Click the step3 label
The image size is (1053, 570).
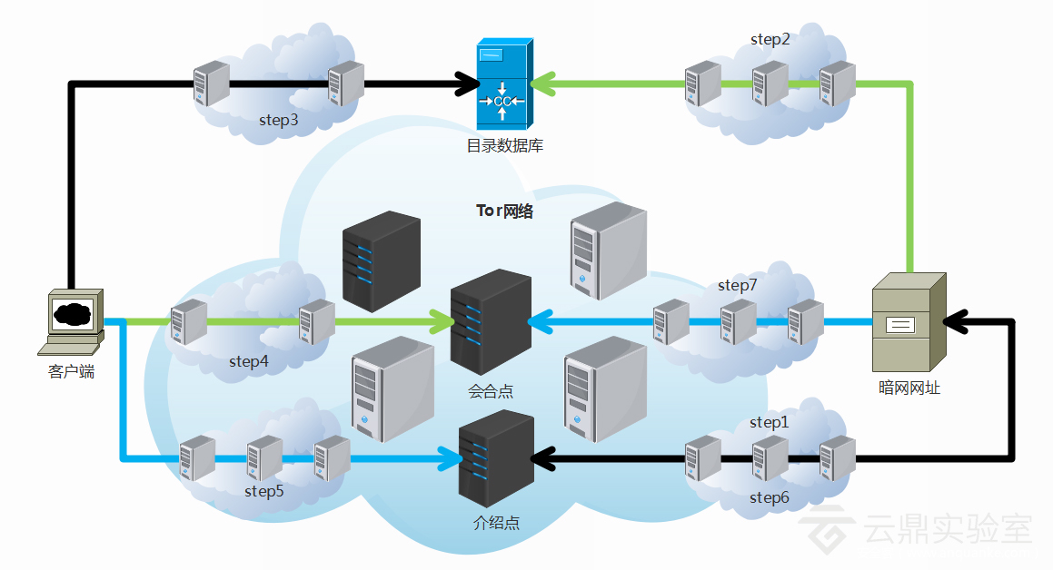pos(279,119)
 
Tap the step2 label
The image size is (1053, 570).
pos(770,39)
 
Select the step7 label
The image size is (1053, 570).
pos(738,285)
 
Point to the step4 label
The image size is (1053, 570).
pos(249,361)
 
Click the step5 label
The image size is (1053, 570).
pos(264,491)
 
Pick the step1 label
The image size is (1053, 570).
pos(770,422)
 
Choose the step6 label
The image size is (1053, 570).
pos(770,497)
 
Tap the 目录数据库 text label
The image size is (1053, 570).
pos(505,145)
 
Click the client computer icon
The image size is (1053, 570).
pos(72,322)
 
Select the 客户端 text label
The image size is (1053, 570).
pos(71,371)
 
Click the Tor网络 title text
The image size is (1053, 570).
pos(505,211)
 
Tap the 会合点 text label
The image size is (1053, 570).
pos(491,391)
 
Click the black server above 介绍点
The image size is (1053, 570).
pos(496,458)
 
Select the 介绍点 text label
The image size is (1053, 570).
pos(497,523)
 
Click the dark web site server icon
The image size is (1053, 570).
pos(908,322)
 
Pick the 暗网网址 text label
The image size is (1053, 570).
pos(909,388)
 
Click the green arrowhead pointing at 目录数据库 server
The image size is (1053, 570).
pos(543,84)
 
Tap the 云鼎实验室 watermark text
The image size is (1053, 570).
pos(949,530)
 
